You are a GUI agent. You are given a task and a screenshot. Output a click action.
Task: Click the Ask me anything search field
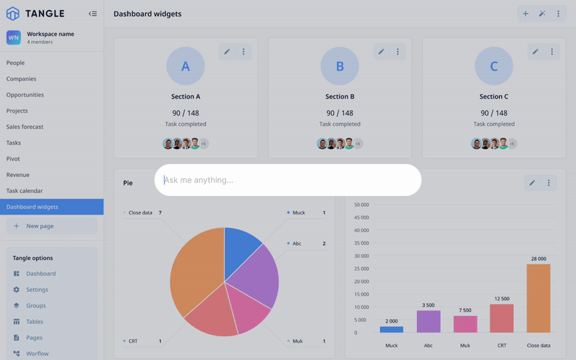288,180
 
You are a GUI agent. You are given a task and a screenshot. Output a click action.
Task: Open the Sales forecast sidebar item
25,127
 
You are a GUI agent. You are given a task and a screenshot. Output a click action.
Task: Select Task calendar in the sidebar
24,191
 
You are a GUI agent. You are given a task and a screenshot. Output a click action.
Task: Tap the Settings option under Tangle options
37,289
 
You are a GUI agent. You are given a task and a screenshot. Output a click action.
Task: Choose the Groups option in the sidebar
36,306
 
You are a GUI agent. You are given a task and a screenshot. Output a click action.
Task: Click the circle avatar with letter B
340,66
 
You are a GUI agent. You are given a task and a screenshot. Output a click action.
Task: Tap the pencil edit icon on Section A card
227,52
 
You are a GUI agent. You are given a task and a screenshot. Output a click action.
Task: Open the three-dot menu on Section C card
552,52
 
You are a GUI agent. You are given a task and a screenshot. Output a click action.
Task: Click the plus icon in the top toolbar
526,14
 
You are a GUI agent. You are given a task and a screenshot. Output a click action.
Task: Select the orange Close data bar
538,298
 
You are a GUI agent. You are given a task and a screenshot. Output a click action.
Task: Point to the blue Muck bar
392,329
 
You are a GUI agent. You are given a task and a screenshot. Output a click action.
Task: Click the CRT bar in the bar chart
502,318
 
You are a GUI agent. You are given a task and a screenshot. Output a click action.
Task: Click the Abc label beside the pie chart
297,243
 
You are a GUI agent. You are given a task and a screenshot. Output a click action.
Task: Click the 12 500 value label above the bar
502,299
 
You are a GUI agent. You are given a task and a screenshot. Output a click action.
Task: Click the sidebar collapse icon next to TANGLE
92,14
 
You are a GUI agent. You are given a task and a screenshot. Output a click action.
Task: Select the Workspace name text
50,34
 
